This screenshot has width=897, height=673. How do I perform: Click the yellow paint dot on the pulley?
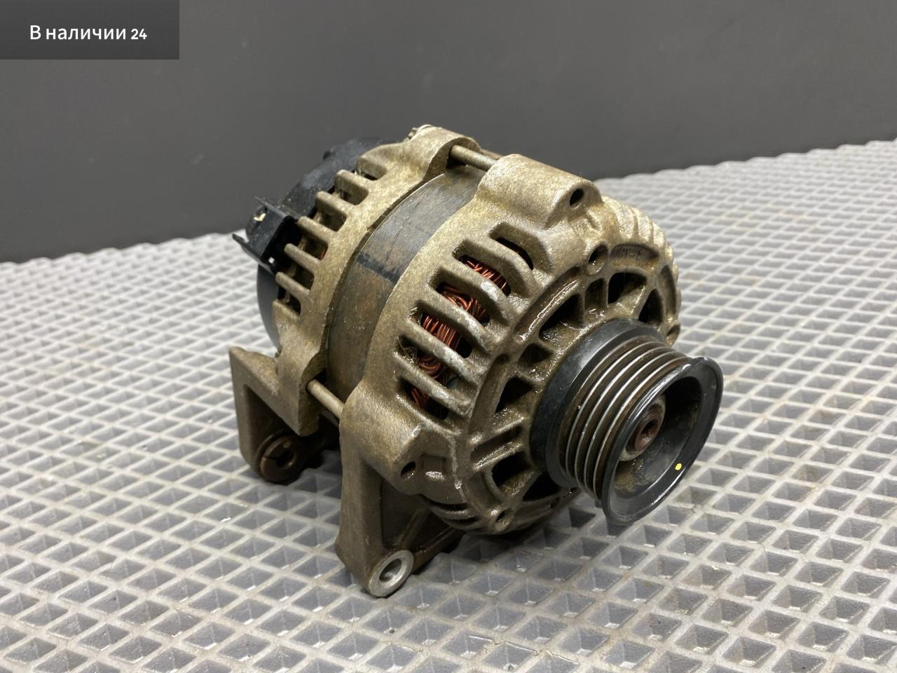[x=678, y=465]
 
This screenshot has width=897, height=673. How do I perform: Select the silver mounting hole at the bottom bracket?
[x=392, y=571]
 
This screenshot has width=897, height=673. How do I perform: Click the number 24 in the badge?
[x=139, y=34]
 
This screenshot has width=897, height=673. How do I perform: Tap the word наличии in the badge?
[x=85, y=34]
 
